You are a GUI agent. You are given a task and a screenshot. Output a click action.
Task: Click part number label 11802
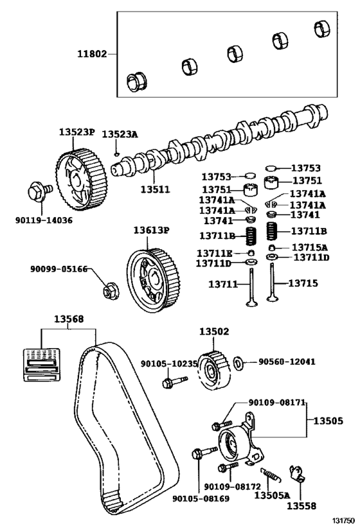[x=92, y=54]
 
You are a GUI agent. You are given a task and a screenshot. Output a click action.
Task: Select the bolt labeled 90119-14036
[x=39, y=191]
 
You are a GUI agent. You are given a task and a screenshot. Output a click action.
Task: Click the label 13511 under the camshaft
[x=155, y=189]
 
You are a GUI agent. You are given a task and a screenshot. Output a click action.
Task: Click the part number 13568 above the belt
[x=69, y=319]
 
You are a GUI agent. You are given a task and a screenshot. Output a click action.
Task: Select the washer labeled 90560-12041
[x=238, y=364]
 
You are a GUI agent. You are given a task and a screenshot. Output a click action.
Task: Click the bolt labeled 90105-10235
[x=174, y=381]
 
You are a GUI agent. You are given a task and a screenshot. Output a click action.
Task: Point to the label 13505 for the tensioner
[x=328, y=421]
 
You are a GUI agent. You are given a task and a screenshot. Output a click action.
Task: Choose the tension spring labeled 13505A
[x=271, y=475]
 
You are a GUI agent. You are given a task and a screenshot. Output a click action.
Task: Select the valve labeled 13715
[x=271, y=282]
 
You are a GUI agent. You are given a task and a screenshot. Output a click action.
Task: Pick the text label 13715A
[x=309, y=247]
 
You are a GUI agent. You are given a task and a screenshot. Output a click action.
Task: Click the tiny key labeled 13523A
[x=116, y=154]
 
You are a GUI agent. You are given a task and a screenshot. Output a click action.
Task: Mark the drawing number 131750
[x=343, y=520]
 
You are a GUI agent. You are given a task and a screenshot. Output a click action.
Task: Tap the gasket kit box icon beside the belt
[x=42, y=365]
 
